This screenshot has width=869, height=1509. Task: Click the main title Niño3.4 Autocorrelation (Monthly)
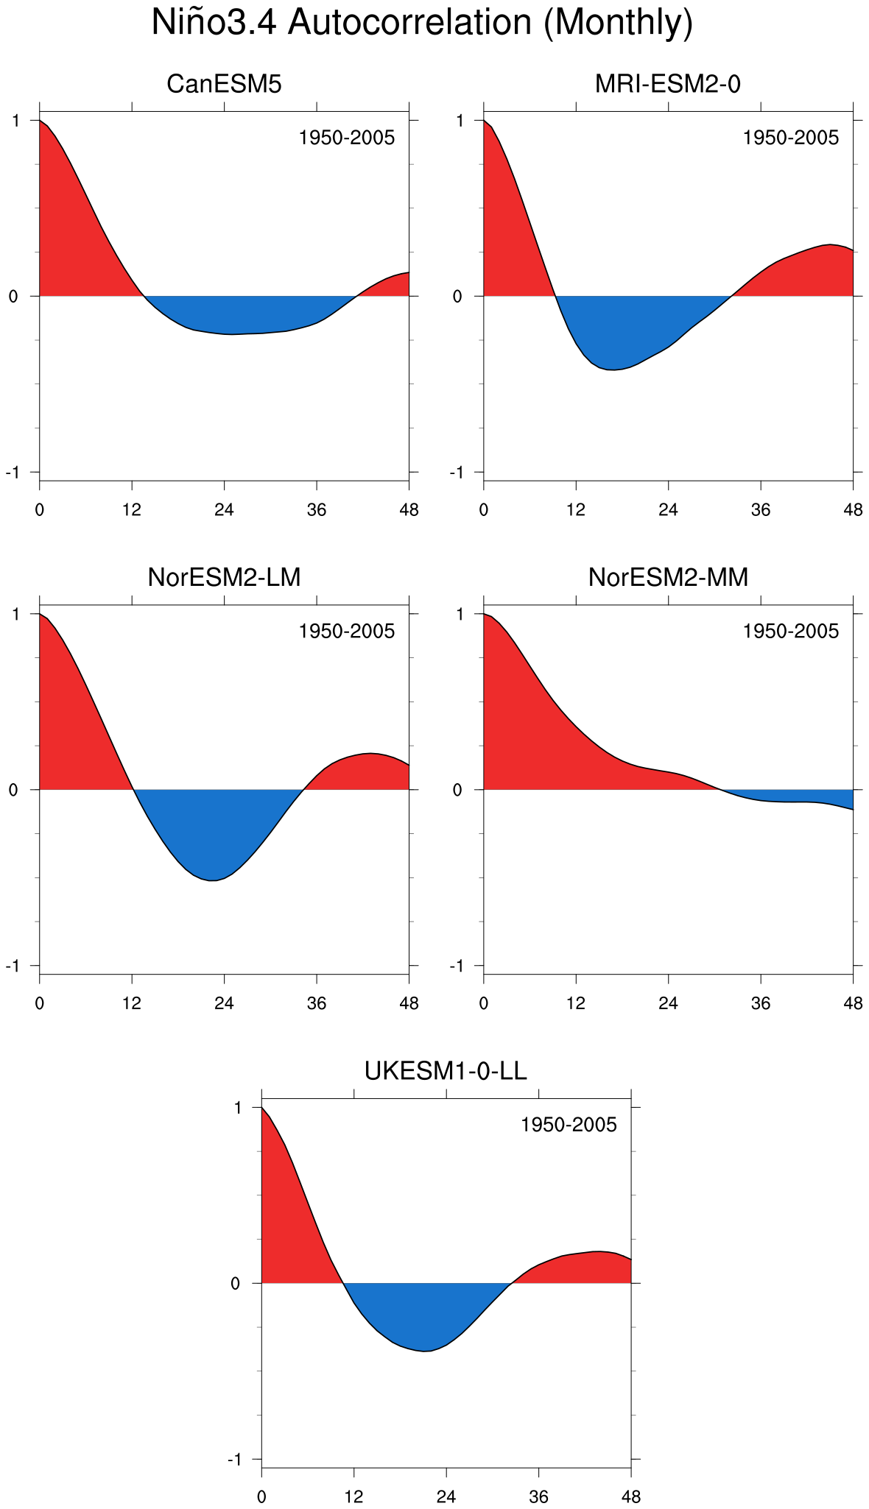[422, 23]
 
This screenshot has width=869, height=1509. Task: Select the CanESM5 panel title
[224, 84]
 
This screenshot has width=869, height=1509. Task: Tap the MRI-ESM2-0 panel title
[668, 84]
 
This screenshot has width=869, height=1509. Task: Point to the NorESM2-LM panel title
[224, 577]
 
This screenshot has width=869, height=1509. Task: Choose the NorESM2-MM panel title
[668, 577]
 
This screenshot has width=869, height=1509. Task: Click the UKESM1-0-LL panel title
[446, 1071]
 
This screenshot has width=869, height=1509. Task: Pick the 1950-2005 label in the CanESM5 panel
[347, 138]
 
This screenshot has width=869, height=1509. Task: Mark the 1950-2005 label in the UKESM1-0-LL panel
[569, 1125]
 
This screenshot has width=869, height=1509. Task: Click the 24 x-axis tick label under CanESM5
[224, 510]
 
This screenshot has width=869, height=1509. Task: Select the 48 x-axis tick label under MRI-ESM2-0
[853, 510]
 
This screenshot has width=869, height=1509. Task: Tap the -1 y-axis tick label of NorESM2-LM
[13, 966]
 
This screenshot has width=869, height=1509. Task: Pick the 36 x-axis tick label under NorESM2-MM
[761, 1003]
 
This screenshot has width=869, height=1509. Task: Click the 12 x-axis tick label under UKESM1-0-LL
[353, 1497]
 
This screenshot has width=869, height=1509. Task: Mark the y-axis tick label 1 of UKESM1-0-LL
[237, 1107]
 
